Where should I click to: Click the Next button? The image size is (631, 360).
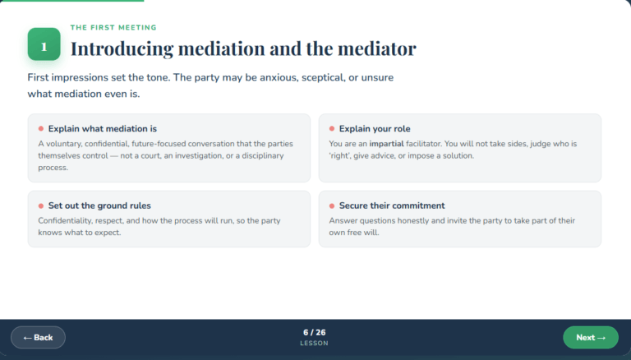591,338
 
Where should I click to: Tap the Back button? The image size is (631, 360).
39,338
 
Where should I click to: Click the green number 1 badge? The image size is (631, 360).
44,44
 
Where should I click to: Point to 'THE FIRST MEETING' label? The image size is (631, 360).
113,28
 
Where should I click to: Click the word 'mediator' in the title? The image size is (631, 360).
376,48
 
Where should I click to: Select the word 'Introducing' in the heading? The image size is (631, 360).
122,49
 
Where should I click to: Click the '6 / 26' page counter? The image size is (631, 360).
315,333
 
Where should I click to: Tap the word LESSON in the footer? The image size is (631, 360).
315,344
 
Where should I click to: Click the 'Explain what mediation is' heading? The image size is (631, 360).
103,129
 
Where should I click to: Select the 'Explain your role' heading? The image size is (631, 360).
375,129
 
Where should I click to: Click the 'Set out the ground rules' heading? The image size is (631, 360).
99,205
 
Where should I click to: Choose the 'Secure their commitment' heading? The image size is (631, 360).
392,205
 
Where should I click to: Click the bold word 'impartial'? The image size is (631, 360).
387,144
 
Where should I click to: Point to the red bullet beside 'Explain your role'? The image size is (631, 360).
332,129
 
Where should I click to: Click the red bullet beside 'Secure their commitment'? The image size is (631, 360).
332,206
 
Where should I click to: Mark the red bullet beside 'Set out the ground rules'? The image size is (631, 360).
40,206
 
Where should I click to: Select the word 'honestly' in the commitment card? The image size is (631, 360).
416,221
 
